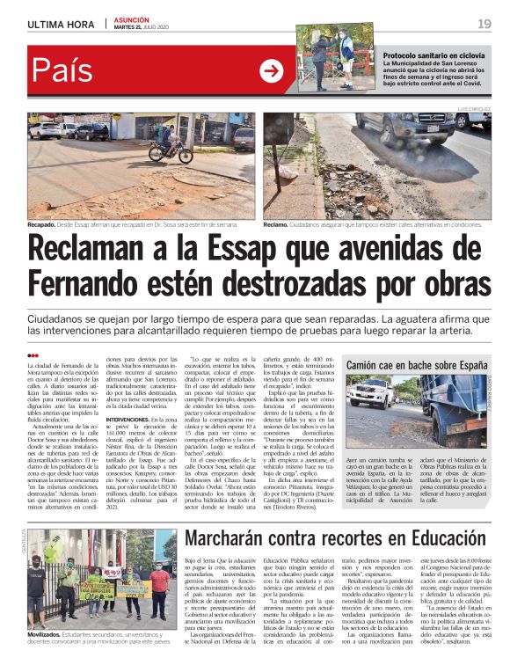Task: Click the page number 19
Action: [484, 23]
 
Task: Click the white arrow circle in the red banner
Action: [271, 71]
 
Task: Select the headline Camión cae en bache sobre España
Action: [418, 364]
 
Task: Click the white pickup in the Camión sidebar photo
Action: [368, 391]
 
